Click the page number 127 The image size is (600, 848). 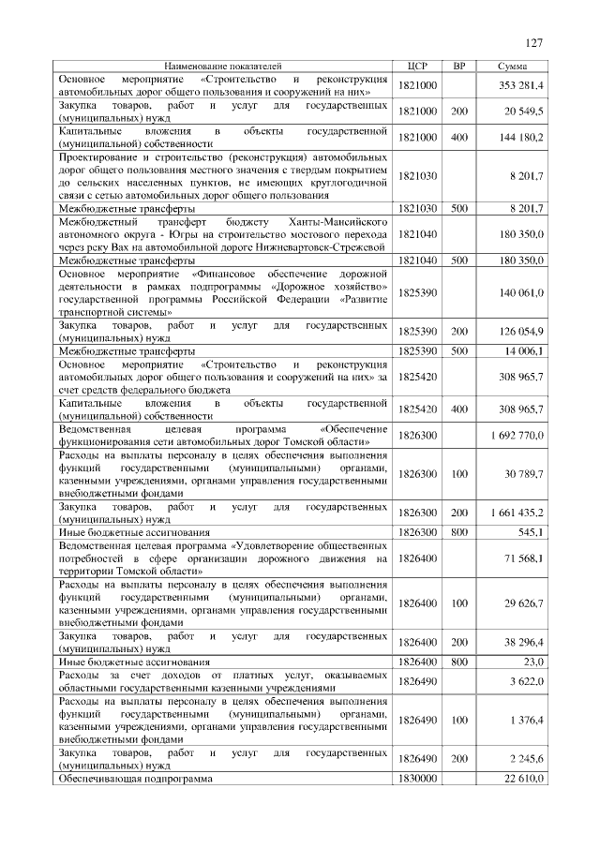[533, 43]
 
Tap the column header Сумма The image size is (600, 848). [512, 67]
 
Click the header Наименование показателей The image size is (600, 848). [222, 67]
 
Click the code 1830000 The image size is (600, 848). [418, 779]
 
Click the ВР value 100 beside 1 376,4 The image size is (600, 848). [459, 721]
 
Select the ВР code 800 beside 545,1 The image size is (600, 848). [459, 532]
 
